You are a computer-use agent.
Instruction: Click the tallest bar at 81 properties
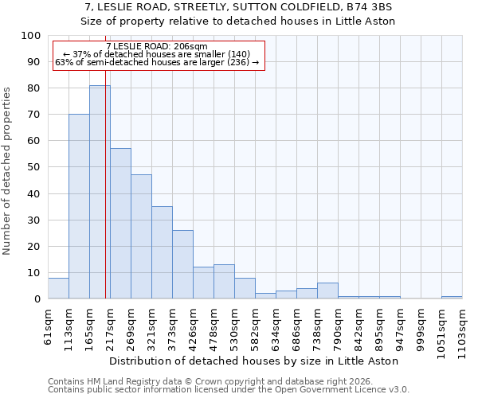click(100, 192)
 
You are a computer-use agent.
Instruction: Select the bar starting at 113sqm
click(79, 206)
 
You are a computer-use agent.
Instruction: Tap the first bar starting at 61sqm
click(58, 288)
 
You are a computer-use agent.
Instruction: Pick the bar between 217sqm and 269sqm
click(120, 224)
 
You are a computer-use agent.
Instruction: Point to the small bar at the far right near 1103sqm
click(452, 297)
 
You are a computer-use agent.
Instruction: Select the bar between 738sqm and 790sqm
click(327, 291)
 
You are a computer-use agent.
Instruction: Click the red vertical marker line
click(105, 199)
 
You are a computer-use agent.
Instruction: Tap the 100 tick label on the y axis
click(31, 36)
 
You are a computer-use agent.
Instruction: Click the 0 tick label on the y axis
click(37, 298)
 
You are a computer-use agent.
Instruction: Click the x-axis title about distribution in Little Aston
click(254, 361)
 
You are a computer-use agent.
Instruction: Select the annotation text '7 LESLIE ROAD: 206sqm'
click(157, 47)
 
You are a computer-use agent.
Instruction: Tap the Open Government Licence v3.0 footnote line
click(229, 389)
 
